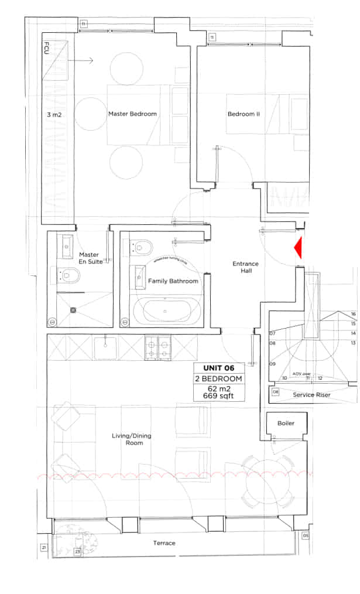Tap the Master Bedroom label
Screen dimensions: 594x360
click(x=132, y=114)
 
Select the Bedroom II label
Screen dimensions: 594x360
click(x=244, y=114)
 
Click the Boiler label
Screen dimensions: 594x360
click(x=286, y=423)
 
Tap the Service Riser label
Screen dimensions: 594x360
click(x=311, y=395)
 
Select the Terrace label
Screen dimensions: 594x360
click(x=164, y=543)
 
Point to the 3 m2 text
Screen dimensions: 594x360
click(x=54, y=115)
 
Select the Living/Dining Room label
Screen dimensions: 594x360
click(x=128, y=439)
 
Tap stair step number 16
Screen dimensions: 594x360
click(x=353, y=314)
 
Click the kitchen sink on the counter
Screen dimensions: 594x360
click(x=107, y=348)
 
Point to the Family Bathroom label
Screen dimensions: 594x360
click(x=173, y=281)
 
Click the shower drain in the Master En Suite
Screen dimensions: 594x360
click(x=74, y=310)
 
